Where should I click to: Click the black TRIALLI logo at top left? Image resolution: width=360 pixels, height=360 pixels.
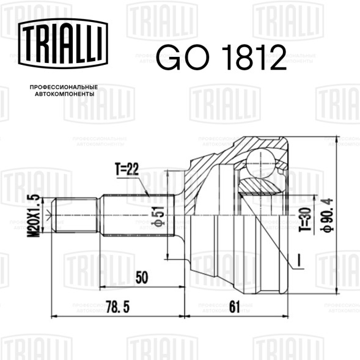click(63, 43)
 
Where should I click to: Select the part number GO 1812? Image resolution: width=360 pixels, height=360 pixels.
click(221, 57)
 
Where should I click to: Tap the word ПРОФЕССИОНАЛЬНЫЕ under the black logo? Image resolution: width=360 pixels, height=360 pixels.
click(64, 87)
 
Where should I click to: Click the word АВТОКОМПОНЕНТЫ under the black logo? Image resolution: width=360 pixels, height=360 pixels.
click(65, 94)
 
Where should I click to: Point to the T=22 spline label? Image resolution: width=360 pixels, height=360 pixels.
click(127, 169)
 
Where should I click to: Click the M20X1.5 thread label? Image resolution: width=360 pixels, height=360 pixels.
click(33, 216)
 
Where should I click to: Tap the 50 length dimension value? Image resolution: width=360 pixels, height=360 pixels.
click(142, 277)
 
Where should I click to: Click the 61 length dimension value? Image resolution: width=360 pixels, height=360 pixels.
click(235, 306)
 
